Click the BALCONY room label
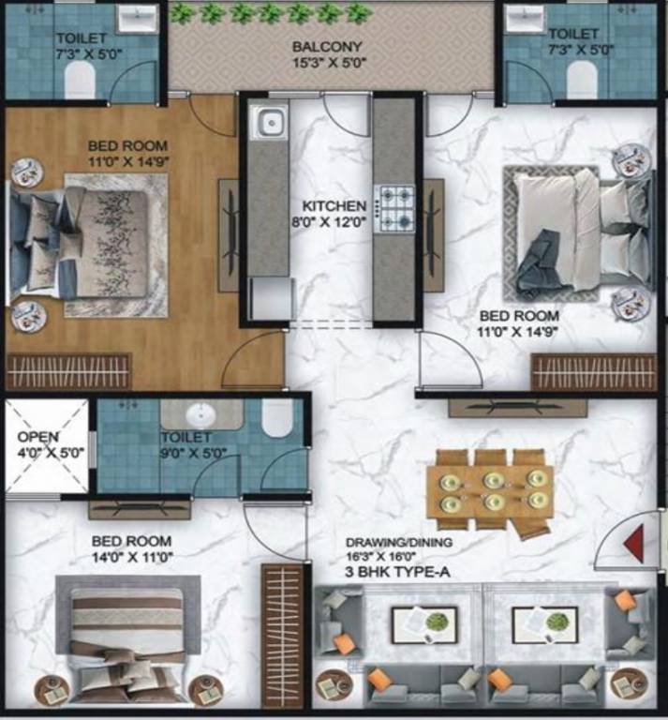[327, 46]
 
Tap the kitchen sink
[270, 122]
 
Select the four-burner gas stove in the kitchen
[394, 208]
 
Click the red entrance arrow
[634, 544]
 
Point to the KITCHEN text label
[334, 206]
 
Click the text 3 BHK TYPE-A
[397, 572]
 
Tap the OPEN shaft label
[38, 437]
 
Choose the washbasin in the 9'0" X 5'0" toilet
[200, 414]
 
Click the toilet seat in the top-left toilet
[80, 80]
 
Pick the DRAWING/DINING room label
[399, 542]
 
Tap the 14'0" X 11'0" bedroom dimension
[132, 557]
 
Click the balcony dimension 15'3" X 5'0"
[330, 63]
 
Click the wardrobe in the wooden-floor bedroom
[67, 371]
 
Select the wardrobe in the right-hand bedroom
[594, 372]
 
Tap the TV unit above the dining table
[517, 408]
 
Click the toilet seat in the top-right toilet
[582, 80]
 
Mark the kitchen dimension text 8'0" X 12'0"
[329, 222]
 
